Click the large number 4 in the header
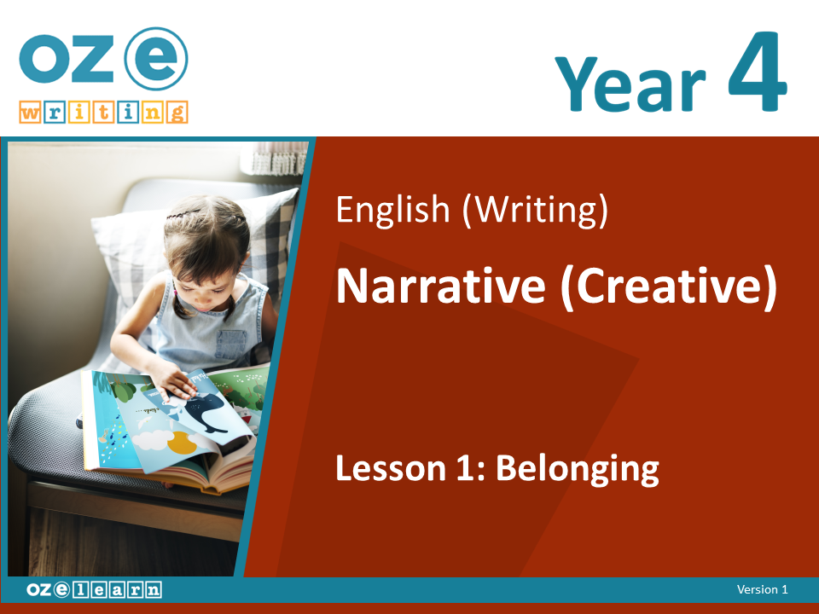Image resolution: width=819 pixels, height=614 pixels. coord(757,71)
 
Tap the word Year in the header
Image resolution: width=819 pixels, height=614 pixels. coord(630,83)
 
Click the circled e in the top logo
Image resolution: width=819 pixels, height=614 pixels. coord(155,59)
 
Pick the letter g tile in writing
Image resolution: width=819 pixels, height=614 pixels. coord(177,113)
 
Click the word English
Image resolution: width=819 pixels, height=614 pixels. coord(392,210)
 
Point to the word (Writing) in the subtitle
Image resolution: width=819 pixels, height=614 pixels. coord(536,210)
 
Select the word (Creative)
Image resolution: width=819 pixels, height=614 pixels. coord(669,287)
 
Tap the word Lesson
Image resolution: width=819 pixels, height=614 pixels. coord(391,468)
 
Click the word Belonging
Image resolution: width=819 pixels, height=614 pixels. coord(578,469)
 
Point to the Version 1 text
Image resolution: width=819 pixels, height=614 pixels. coord(762,589)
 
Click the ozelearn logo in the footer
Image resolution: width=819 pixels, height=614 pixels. coord(94,589)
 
